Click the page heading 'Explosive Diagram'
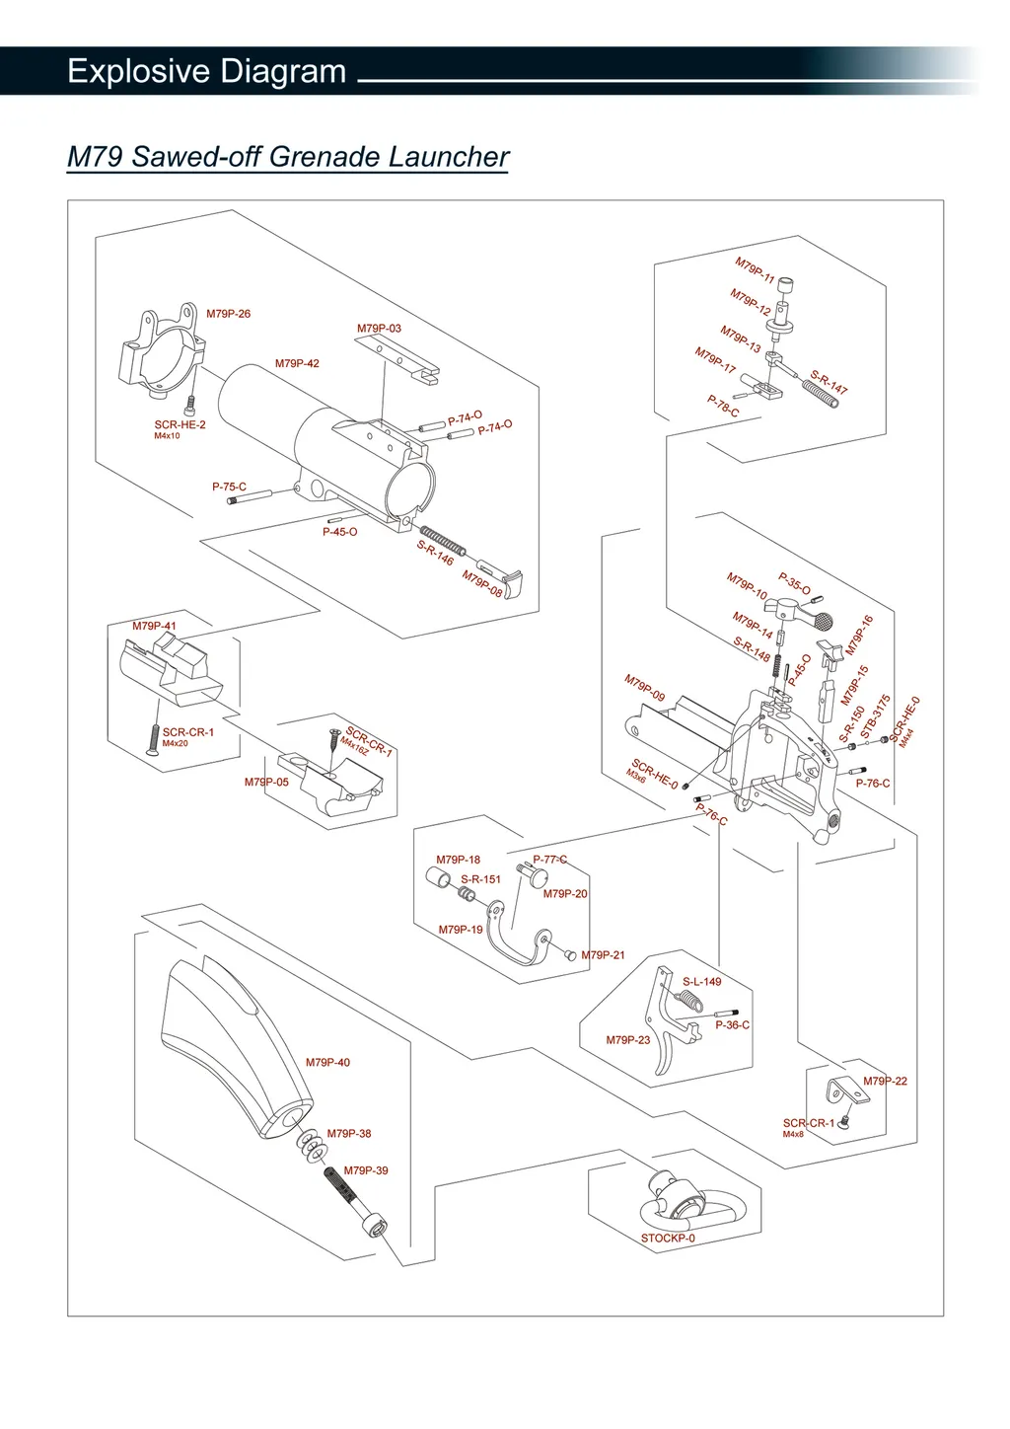coord(206,71)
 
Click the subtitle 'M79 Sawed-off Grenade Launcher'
coord(287,157)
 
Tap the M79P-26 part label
coord(228,314)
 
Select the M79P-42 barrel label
coord(297,363)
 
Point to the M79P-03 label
coord(379,329)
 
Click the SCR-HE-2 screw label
coord(180,425)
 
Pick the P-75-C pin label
coord(229,487)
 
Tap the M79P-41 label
coord(154,626)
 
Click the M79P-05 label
coord(266,782)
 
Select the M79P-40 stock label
coord(327,1063)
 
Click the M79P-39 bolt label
coord(366,1170)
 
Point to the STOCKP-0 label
coord(668,1239)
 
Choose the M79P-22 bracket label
coord(885,1082)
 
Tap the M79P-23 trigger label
coord(628,1040)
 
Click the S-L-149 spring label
coord(702,982)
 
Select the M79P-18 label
coord(459,860)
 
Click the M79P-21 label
coord(603,955)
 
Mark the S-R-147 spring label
coord(829,383)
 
